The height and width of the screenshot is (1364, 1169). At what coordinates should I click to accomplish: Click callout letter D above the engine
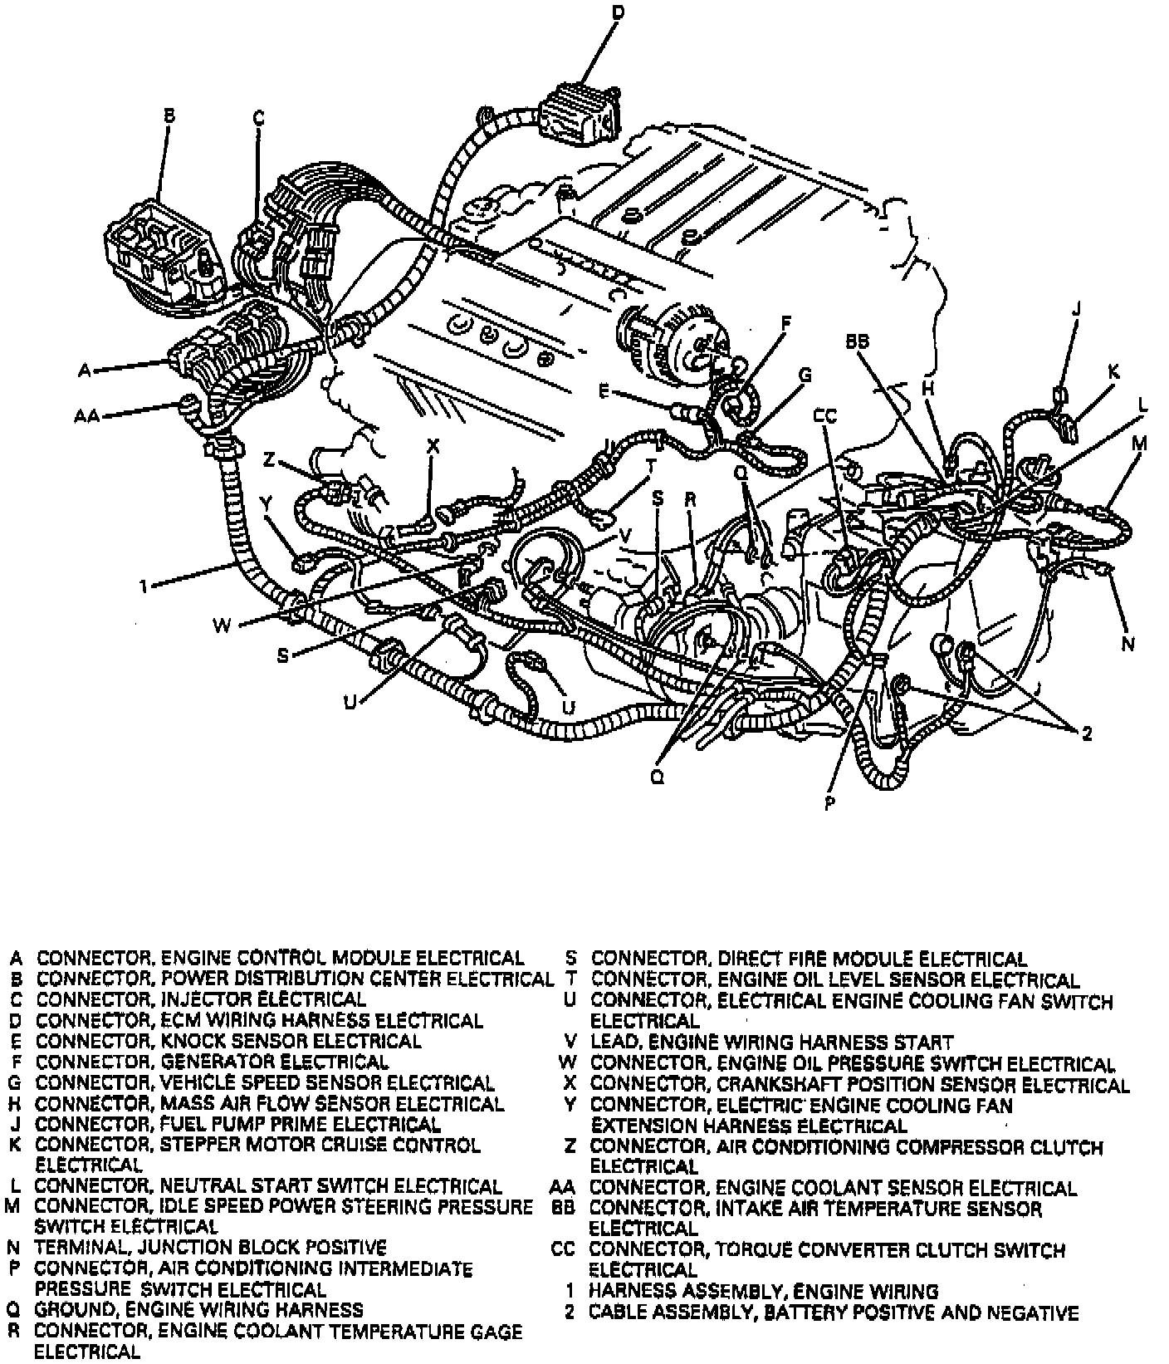617,12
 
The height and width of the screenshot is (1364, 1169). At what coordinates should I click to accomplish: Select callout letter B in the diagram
169,116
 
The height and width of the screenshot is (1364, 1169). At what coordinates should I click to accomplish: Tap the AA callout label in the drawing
86,415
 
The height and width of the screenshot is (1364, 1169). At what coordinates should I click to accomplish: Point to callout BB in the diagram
858,341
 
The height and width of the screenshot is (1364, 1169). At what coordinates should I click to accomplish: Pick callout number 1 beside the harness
144,587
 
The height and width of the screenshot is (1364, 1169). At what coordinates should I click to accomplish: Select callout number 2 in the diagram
1086,732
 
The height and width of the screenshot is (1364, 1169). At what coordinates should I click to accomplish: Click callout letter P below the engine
829,802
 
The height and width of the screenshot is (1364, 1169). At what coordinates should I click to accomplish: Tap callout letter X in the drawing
432,447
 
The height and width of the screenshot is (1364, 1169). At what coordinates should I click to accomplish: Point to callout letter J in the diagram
1077,309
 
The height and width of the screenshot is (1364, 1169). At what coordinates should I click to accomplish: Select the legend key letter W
569,1064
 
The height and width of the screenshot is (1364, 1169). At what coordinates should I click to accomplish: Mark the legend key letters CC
563,1250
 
